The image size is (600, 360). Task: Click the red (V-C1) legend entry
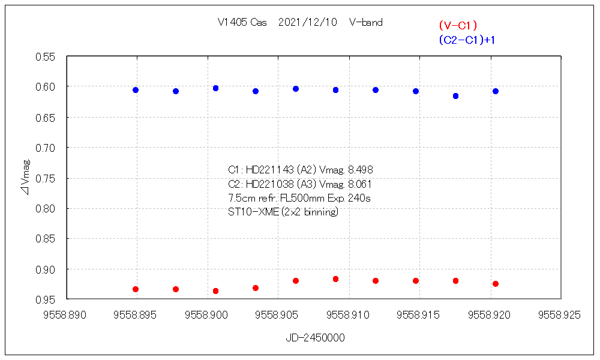tap(457, 25)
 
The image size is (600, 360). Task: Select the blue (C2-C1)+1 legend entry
tap(466, 40)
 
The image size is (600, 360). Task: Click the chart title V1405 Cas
tap(242, 23)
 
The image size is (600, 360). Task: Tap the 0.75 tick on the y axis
tap(46, 178)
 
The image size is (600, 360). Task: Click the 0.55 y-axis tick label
tap(46, 56)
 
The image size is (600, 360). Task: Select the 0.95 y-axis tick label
tap(46, 299)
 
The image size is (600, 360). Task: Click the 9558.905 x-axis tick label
tap(277, 314)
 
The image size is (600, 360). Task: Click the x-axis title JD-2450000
tap(314, 338)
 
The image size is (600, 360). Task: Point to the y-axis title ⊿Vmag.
tap(26, 177)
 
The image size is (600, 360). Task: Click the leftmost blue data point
tap(136, 90)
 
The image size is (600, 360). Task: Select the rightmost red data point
tap(496, 284)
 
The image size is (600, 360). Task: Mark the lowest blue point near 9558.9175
tap(456, 96)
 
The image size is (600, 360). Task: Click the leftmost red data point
tap(136, 289)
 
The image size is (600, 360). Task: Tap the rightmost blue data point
tap(496, 91)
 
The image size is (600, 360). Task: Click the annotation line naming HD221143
tap(304, 170)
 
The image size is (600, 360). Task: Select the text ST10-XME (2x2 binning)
tap(283, 212)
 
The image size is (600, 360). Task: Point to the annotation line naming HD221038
tap(304, 184)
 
